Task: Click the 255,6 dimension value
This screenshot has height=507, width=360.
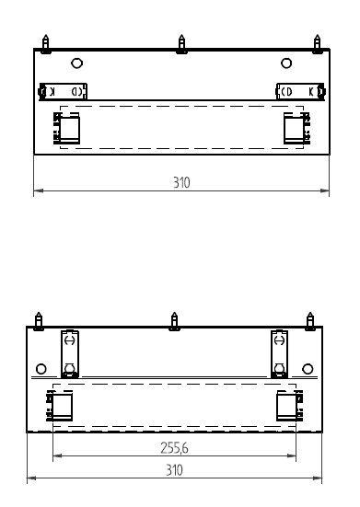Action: point(174,448)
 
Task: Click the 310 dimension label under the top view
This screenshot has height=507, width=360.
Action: point(181,183)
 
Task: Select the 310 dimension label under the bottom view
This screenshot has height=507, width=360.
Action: point(174,470)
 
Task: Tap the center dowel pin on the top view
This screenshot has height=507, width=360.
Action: point(181,44)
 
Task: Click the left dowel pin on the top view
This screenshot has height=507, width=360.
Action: point(46,44)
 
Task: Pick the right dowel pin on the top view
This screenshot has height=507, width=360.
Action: point(318,44)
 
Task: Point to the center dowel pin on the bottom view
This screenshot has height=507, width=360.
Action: point(174,321)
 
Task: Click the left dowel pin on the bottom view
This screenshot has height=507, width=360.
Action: point(39,321)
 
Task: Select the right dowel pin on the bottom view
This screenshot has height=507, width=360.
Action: point(310,321)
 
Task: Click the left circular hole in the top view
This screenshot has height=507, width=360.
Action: point(76,63)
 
